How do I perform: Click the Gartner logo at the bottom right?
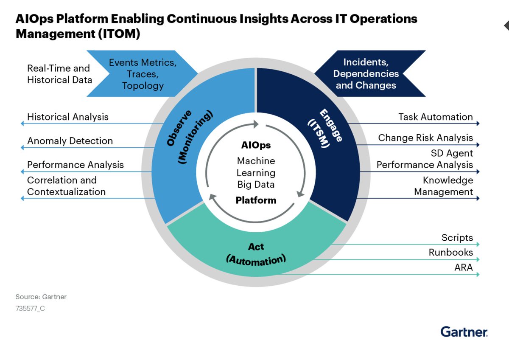click(464, 332)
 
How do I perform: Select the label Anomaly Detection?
click(70, 141)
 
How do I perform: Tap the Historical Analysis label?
click(68, 117)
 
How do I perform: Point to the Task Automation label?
click(436, 117)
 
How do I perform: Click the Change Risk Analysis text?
click(425, 138)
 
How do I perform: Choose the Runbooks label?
click(450, 252)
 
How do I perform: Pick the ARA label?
click(463, 267)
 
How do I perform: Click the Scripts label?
click(457, 237)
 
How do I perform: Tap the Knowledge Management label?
click(443, 186)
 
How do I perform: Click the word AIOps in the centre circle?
click(256, 145)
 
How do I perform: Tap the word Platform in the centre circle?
click(256, 200)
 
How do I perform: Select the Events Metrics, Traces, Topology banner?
click(143, 74)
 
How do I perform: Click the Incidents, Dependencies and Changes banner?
click(366, 73)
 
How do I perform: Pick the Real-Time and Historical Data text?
click(59, 74)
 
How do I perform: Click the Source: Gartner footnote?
click(41, 297)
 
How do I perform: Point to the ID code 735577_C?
click(30, 309)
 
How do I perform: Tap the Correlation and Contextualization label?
click(66, 186)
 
